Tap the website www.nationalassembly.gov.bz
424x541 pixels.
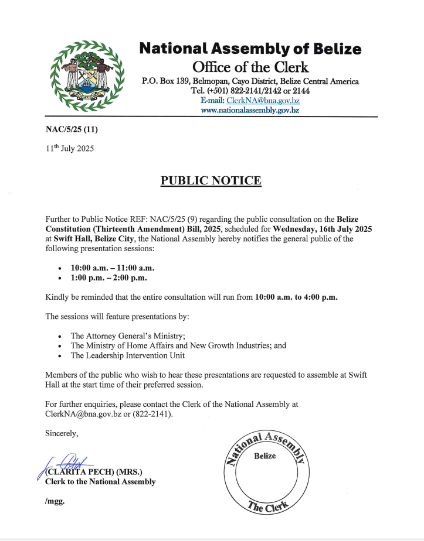point(250,110)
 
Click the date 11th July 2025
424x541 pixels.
point(69,149)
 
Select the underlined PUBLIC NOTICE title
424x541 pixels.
point(211,180)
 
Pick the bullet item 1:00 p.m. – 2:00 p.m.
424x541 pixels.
point(108,278)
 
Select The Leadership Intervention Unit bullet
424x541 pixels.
point(128,355)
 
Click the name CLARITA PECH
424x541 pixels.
point(82,472)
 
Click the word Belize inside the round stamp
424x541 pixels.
point(264,456)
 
